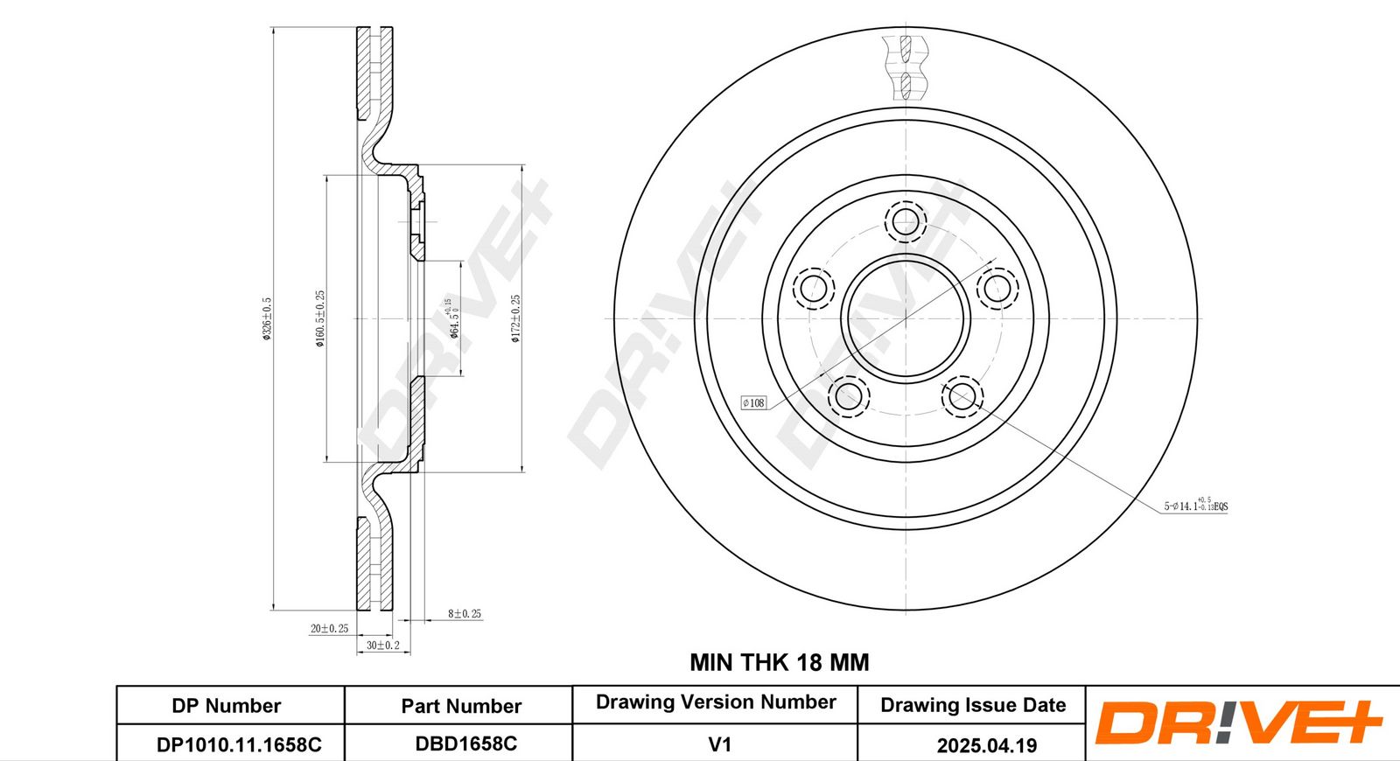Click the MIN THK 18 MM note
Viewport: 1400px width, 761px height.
pyautogui.click(x=779, y=662)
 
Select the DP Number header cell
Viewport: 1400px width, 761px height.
pyautogui.click(x=227, y=706)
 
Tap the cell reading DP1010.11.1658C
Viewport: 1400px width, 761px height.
pyautogui.click(x=239, y=744)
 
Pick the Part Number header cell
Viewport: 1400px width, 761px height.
pyautogui.click(x=461, y=706)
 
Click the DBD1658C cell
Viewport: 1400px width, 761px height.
pyautogui.click(x=465, y=744)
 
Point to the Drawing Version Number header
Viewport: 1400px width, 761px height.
pyautogui.click(x=716, y=702)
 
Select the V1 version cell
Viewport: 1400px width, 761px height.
pyautogui.click(x=719, y=744)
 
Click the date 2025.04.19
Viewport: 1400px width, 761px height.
pyautogui.click(x=986, y=745)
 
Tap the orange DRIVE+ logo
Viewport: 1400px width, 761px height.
pyautogui.click(x=1237, y=723)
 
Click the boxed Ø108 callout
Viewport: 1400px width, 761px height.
pyautogui.click(x=753, y=402)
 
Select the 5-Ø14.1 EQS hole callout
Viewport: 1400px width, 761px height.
pyautogui.click(x=1195, y=506)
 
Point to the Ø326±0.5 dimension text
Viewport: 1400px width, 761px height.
pyautogui.click(x=268, y=319)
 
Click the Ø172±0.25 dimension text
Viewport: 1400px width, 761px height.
pyautogui.click(x=516, y=318)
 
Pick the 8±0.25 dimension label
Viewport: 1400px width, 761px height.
pyautogui.click(x=465, y=614)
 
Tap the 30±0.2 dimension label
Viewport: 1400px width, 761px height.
pyautogui.click(x=382, y=646)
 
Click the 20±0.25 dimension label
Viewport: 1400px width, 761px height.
pyautogui.click(x=329, y=628)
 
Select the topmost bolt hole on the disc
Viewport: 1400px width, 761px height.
pyautogui.click(x=905, y=221)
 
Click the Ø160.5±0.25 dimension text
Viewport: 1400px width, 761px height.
pyautogui.click(x=320, y=319)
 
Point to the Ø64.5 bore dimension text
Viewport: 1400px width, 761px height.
pyautogui.click(x=453, y=318)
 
